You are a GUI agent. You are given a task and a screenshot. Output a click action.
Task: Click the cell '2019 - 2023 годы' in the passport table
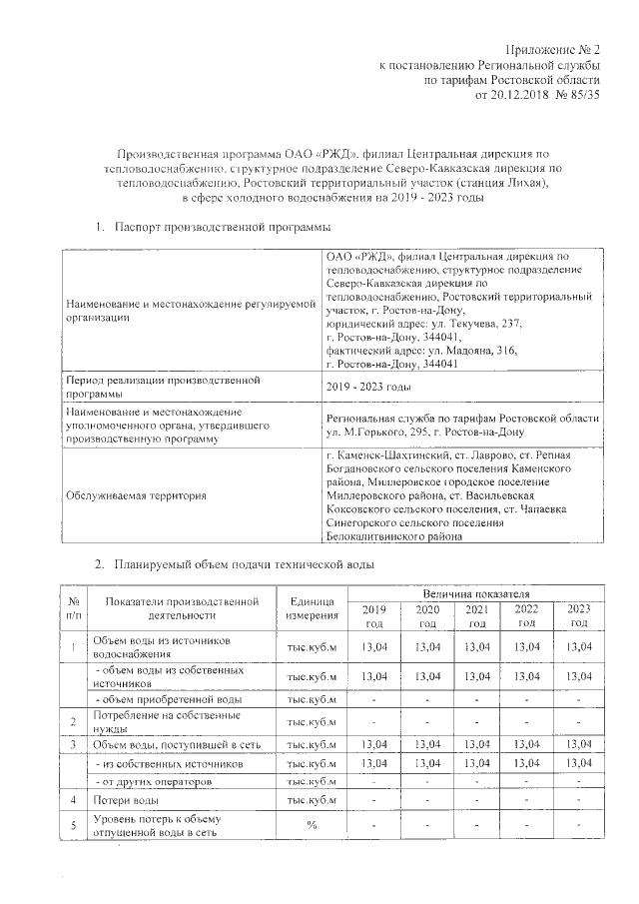tap(368, 387)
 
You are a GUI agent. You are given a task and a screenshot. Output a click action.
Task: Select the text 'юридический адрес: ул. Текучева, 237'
tap(424, 325)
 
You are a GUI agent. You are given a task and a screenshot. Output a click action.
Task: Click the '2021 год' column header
tap(476, 615)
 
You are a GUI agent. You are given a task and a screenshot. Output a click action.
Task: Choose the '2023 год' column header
tap(578, 615)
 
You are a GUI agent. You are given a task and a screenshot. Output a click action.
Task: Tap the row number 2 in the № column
tap(73, 721)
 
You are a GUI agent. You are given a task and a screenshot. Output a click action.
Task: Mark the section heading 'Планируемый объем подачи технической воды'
tap(244, 565)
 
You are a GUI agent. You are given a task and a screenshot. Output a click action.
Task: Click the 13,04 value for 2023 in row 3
tap(578, 744)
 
